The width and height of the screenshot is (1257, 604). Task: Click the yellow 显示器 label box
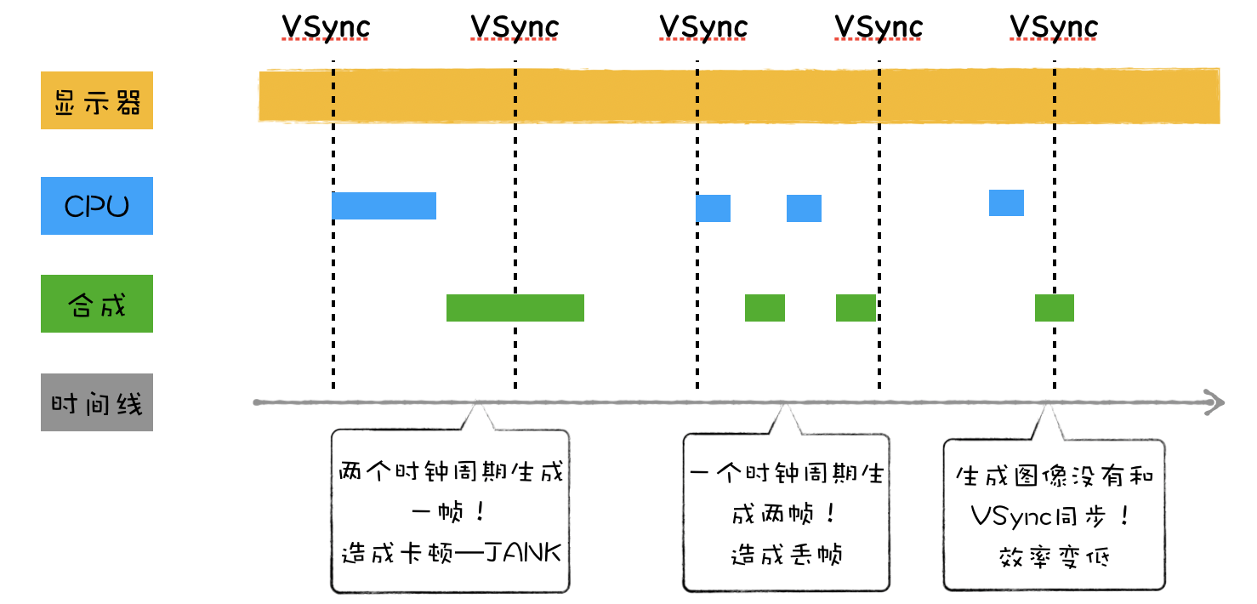click(97, 100)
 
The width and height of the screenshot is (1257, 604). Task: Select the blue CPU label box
click(97, 206)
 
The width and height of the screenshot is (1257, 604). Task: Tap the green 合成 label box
click(97, 304)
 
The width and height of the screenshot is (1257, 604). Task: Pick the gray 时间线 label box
click(97, 402)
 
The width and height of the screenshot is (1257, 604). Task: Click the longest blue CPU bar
click(384, 206)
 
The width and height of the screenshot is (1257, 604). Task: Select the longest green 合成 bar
click(515, 308)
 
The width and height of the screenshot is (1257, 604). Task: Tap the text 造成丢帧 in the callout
click(786, 556)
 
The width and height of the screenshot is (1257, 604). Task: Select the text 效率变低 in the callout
click(1054, 557)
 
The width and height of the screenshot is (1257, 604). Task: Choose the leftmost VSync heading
click(327, 28)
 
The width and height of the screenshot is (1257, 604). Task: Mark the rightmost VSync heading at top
click(1055, 28)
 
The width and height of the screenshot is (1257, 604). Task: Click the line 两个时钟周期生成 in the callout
click(451, 472)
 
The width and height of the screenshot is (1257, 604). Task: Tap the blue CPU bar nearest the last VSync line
click(1006, 203)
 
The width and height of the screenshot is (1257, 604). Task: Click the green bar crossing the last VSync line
click(1055, 308)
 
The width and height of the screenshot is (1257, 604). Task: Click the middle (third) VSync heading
click(704, 28)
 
